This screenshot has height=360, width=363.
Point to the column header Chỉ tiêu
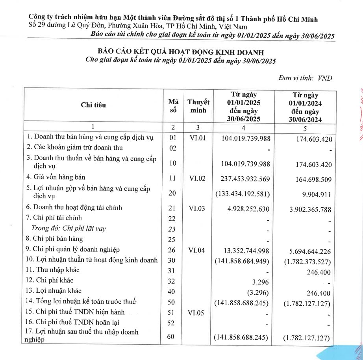(93, 105)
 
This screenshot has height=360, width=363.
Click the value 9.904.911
(314, 194)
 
